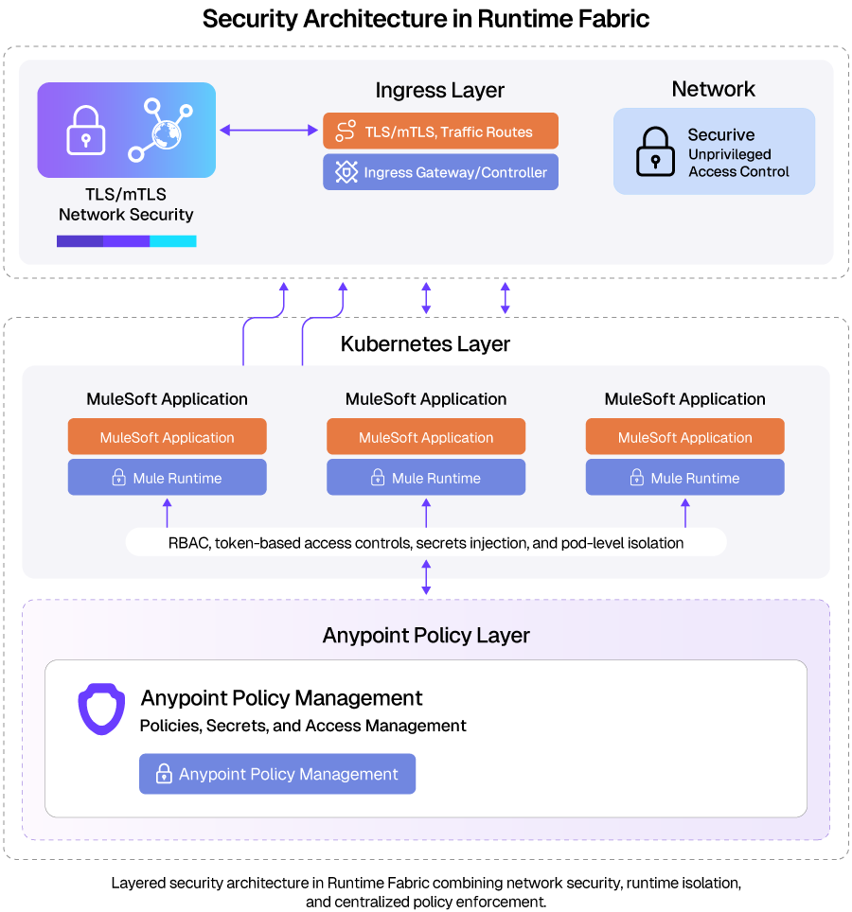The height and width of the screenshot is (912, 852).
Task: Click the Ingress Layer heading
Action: pos(439,91)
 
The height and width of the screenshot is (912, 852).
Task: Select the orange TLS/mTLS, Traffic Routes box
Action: pos(440,132)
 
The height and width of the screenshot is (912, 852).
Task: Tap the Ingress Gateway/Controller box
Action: pos(440,172)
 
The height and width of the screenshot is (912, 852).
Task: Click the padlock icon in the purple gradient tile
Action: pos(86,132)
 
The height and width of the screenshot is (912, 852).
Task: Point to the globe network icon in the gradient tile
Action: pos(160,130)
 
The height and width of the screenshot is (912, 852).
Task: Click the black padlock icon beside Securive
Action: pos(655,151)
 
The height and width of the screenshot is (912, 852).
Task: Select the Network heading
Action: pos(713,89)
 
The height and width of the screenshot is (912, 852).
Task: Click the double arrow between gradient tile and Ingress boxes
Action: pos(269,131)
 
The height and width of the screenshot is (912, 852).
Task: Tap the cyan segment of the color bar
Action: pos(172,241)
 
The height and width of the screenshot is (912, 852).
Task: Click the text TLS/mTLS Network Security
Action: pos(126,204)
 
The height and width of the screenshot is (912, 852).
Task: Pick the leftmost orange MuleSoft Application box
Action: pos(167,437)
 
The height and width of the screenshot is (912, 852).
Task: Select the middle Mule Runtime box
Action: pos(426,478)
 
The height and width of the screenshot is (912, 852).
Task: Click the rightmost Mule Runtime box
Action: pos(684,478)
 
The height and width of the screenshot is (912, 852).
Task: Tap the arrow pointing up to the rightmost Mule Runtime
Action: pos(684,513)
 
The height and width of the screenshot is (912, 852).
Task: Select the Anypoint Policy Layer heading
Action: pos(426,635)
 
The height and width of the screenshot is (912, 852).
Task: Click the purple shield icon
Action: pos(101,710)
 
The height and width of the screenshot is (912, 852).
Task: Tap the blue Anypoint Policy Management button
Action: pos(277,774)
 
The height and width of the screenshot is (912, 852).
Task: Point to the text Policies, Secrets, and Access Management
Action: pos(303,726)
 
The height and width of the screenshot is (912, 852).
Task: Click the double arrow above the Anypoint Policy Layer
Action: pos(426,577)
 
